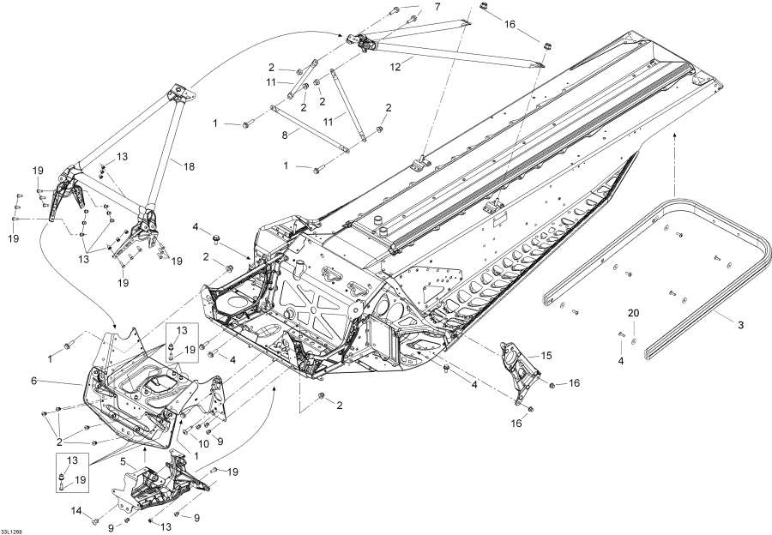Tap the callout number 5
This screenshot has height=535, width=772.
pos(124,460)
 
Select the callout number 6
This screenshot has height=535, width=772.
pos(58,381)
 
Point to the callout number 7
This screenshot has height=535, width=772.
pos(436,7)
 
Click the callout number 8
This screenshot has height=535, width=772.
pos(284,134)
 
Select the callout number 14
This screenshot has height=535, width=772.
pos(75,512)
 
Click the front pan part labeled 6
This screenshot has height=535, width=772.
pos(129,394)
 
